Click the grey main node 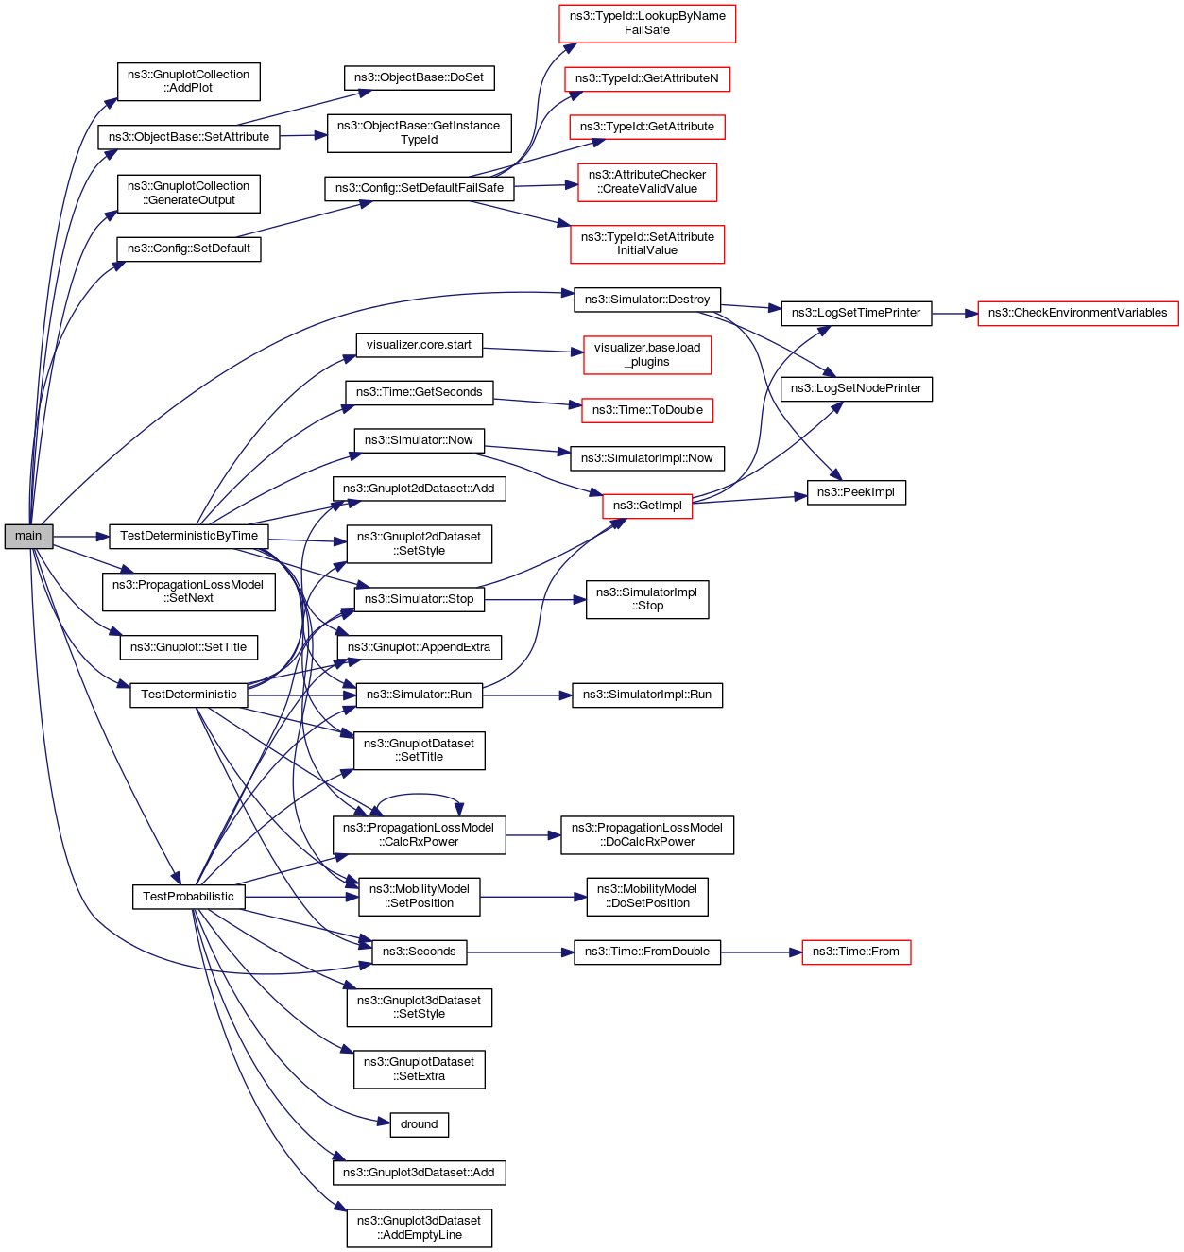(x=28, y=536)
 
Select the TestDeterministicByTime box (x=188, y=536)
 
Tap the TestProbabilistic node (x=188, y=897)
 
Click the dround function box (x=419, y=1124)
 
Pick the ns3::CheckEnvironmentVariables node (x=1077, y=313)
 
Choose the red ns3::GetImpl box (x=647, y=506)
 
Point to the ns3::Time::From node (x=855, y=952)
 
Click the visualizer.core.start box (x=419, y=345)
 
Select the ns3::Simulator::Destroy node (x=647, y=300)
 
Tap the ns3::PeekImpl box (x=855, y=492)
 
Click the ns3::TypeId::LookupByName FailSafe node (x=647, y=24)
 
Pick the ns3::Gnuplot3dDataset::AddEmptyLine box (x=419, y=1227)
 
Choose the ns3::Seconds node (x=419, y=952)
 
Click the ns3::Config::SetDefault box (x=188, y=249)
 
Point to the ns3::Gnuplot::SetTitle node (x=188, y=647)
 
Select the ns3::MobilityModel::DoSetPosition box (x=647, y=897)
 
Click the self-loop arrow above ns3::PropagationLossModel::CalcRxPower (x=419, y=798)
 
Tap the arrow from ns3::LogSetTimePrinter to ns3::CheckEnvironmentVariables (x=954, y=313)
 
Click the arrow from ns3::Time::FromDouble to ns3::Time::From (x=761, y=952)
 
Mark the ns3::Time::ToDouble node (x=647, y=410)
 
